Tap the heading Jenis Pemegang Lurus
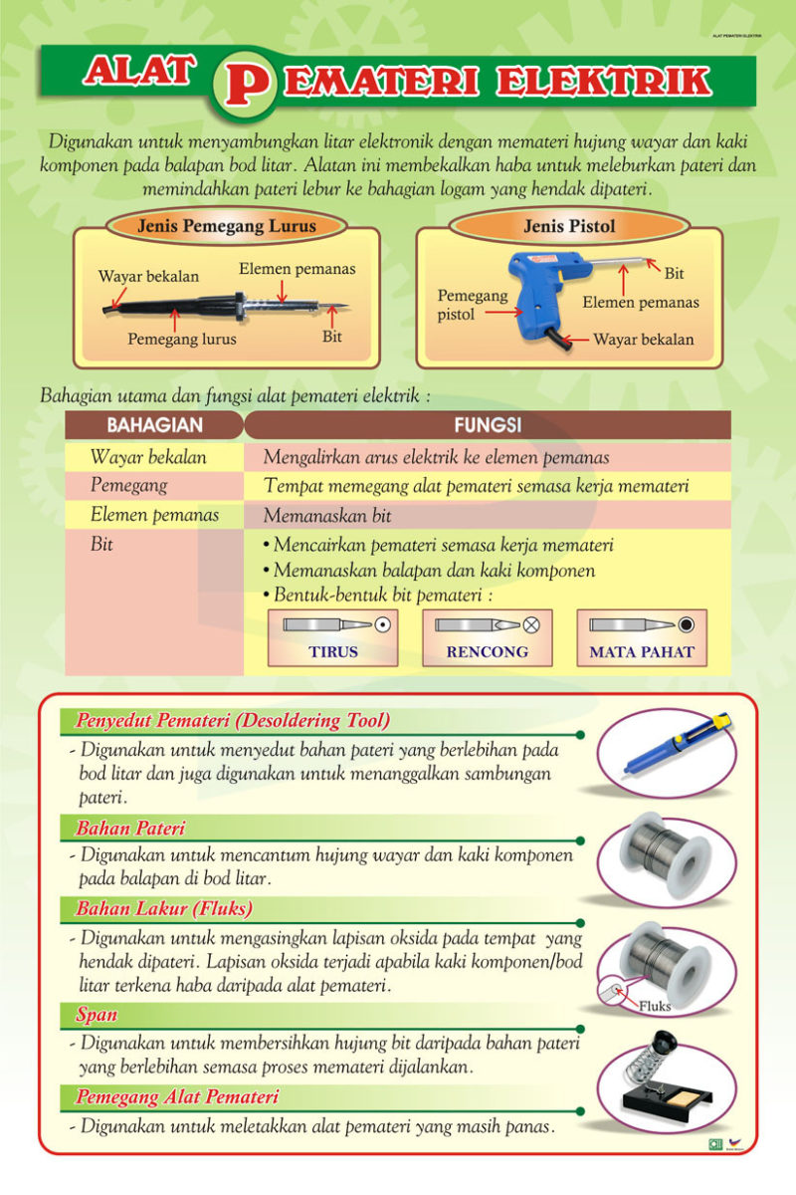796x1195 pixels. [226, 225]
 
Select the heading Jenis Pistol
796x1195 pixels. [569, 226]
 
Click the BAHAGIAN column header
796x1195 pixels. [154, 425]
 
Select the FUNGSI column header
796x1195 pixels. [488, 425]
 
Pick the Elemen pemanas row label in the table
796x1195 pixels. [154, 515]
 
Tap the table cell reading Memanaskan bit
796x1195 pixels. [327, 516]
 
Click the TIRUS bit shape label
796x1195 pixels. [332, 652]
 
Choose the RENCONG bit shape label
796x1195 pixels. [487, 652]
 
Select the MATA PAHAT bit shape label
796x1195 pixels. [642, 652]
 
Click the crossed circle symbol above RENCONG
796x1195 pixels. [531, 624]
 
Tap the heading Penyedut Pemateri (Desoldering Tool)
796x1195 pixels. [233, 719]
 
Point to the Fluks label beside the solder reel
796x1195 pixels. [654, 1006]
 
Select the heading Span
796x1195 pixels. [97, 1015]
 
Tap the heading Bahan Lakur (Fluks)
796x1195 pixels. [164, 908]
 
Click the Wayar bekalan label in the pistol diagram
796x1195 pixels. [643, 340]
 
